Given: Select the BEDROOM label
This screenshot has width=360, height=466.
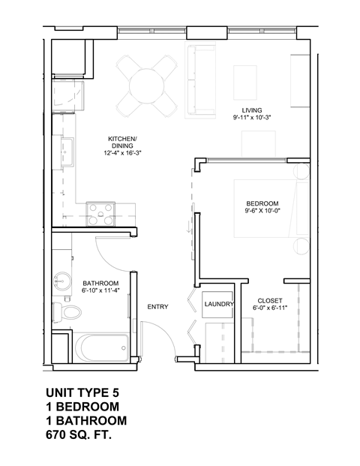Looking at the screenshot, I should point(262,203).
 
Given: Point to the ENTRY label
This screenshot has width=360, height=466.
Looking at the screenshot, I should point(157,306).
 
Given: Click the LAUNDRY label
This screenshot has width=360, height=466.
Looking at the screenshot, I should point(220,305).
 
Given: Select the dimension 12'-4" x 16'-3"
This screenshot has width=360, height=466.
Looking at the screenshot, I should point(123,152).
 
